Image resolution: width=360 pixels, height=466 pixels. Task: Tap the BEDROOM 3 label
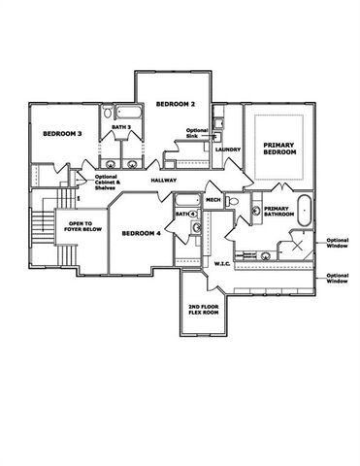[60, 133]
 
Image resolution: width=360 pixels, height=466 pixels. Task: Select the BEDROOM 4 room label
[141, 233]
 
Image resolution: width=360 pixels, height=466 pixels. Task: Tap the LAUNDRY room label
[228, 150]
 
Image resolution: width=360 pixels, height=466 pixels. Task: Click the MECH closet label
[213, 200]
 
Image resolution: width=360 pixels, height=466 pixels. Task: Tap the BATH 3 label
[120, 126]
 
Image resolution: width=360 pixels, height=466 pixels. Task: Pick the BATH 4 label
[183, 214]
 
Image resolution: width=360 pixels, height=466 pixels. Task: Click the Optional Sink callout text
[197, 133]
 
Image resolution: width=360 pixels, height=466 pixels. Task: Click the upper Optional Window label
[337, 243]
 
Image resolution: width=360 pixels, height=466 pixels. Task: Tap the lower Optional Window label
[337, 278]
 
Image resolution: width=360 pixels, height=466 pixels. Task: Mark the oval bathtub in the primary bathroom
[304, 210]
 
